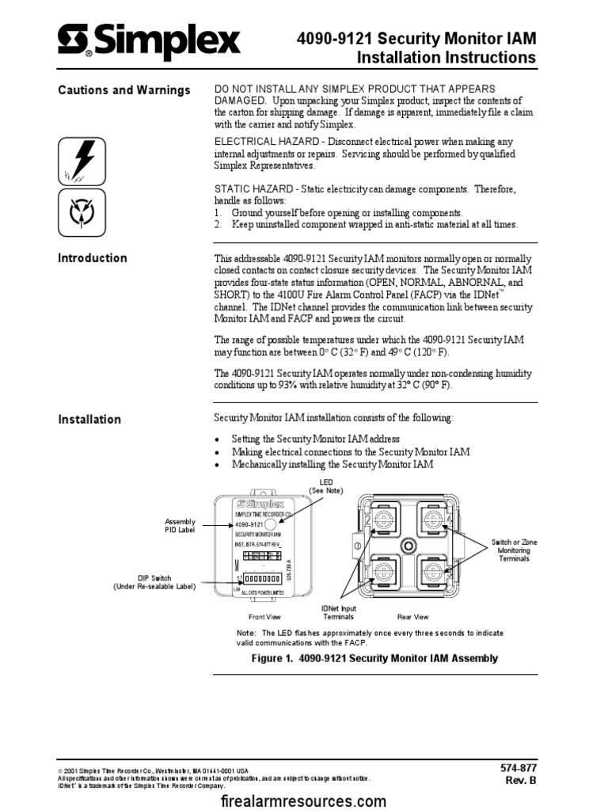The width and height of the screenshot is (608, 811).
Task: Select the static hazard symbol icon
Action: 82,211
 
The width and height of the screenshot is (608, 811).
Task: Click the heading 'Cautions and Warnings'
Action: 124,90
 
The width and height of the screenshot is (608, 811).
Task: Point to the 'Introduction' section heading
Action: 93,258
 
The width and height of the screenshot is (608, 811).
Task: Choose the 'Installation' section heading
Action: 89,420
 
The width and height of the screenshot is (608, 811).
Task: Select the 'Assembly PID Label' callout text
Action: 179,525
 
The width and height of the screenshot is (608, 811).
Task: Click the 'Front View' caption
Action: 264,616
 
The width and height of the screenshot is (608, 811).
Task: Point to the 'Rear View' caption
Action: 412,616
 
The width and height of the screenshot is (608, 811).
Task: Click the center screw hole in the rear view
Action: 408,546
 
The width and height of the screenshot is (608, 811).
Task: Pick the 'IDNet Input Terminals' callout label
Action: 338,612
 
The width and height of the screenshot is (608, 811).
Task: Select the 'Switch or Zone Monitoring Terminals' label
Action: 514,550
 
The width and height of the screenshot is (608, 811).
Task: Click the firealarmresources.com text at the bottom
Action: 304,801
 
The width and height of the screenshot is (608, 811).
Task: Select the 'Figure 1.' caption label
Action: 272,658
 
